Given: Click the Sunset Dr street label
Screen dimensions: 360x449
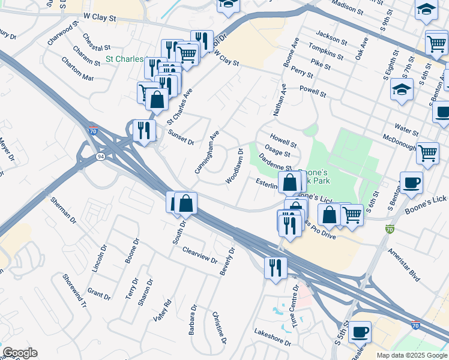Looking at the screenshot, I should (181, 137).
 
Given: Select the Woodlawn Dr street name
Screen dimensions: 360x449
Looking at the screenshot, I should (234, 166).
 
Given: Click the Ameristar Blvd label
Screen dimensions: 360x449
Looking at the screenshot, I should (403, 265).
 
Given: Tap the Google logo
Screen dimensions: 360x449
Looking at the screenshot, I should (20, 353).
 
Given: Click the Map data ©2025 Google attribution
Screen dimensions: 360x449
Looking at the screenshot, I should (412, 355).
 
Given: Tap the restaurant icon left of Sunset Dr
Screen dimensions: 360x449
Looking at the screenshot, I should (144, 130).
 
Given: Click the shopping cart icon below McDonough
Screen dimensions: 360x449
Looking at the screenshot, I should (427, 153).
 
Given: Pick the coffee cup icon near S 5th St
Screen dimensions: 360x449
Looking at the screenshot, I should (360, 331).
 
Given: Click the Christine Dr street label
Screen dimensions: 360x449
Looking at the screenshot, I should (219, 327).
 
